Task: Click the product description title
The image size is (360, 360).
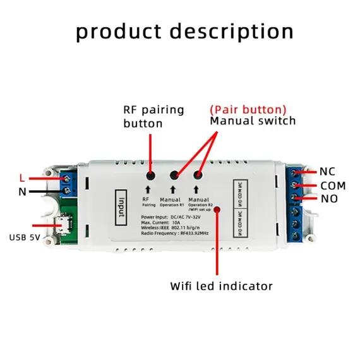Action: tap(184, 31)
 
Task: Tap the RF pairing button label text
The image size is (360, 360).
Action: tap(153, 116)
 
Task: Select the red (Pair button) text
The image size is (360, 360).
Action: tap(248, 109)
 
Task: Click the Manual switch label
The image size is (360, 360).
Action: tap(253, 121)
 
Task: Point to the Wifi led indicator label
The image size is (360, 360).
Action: tap(221, 286)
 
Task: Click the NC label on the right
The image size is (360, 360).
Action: tap(327, 171)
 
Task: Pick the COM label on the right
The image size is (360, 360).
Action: tap(333, 186)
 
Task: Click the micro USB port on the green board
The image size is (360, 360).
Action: tap(63, 225)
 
